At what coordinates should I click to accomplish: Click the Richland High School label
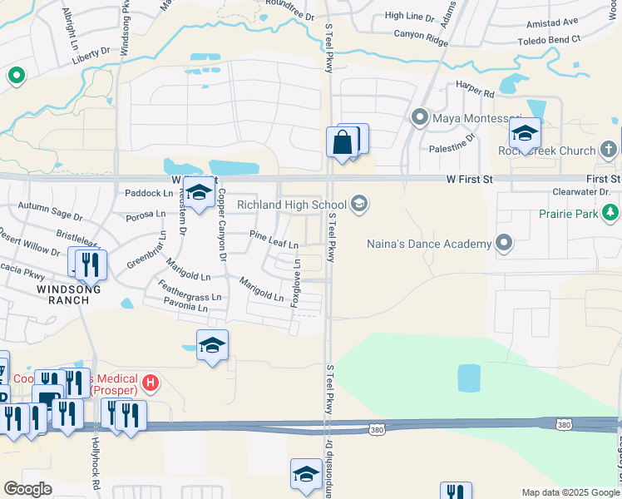tap(292, 205)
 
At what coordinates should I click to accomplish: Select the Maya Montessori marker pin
tap(420, 117)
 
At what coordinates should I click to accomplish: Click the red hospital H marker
tap(150, 383)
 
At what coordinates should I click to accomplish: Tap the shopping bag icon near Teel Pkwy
tap(343, 142)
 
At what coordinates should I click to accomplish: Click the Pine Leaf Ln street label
tap(274, 245)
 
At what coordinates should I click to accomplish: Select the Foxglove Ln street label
tap(296, 283)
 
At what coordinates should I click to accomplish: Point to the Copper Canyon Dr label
tap(222, 225)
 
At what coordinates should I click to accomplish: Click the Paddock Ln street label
tap(147, 193)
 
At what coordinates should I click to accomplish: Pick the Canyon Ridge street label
tap(421, 34)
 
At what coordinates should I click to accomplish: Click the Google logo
tap(27, 489)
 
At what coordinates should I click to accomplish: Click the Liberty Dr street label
tap(91, 52)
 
